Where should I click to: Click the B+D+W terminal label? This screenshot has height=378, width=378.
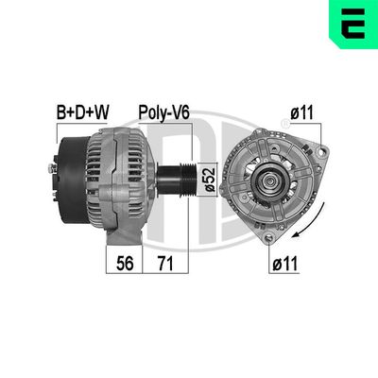tap(83, 112)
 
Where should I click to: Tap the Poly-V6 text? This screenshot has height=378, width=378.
tap(166, 112)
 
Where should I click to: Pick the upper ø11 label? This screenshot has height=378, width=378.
tap(301, 112)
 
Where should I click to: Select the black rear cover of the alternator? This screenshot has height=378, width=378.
tap(68, 180)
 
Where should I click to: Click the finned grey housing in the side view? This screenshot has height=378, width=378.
tap(118, 180)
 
